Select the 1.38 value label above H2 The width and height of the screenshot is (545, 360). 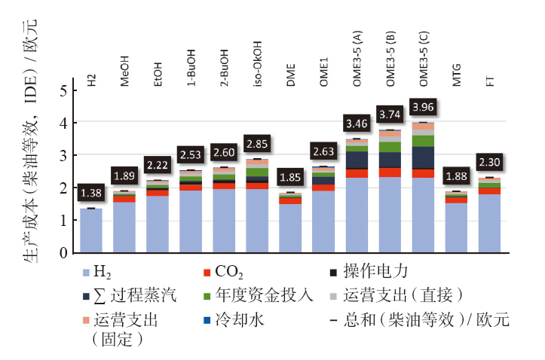click(x=91, y=194)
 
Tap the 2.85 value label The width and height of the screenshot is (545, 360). click(x=258, y=144)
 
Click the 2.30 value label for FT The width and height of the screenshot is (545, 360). click(x=490, y=162)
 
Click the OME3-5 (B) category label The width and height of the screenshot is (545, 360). click(x=390, y=50)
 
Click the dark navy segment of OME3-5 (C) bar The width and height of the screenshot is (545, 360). click(x=424, y=157)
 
